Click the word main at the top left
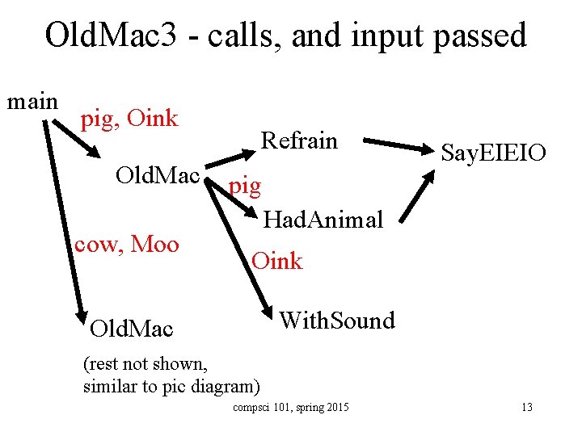tap(32, 102)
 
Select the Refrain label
tap(298, 140)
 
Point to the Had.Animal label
tap(323, 219)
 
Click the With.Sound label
tap(336, 320)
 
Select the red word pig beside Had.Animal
tap(245, 187)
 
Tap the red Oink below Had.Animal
tap(276, 261)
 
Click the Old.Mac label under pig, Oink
tap(158, 174)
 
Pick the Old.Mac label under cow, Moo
tap(131, 329)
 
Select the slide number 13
tap(526, 407)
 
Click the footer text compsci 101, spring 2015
tap(290, 407)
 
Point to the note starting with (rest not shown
tap(171, 375)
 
